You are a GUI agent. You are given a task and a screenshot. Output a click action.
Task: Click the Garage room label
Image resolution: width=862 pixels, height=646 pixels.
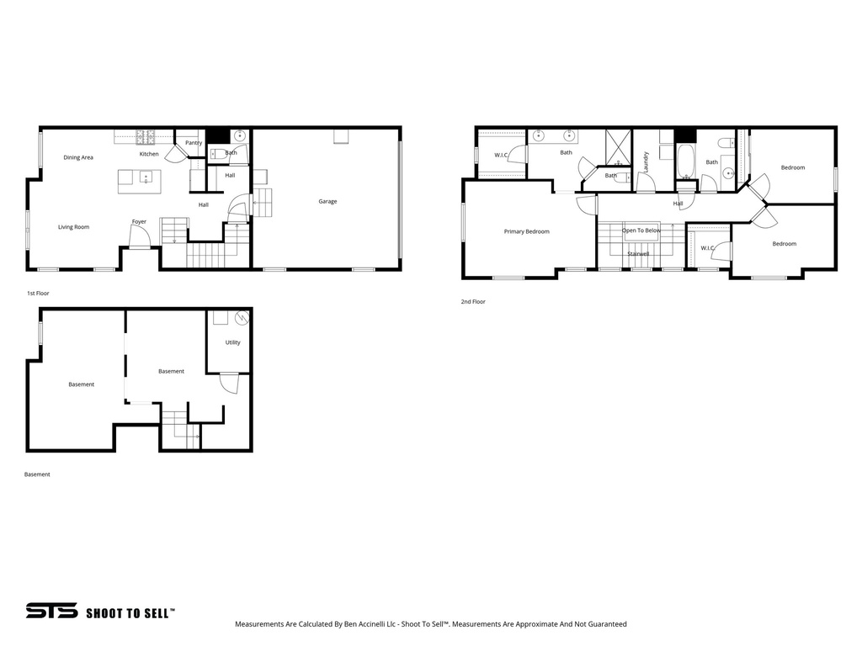[x=327, y=202]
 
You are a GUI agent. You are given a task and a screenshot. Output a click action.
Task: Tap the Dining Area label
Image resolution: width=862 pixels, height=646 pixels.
[x=78, y=157]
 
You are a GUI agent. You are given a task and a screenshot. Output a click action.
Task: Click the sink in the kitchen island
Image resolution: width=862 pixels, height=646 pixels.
[x=145, y=178]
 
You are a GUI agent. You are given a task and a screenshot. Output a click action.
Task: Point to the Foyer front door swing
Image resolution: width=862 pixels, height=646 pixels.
[x=139, y=237]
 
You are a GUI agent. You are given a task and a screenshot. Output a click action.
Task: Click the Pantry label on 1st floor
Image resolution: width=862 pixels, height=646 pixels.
[x=194, y=143]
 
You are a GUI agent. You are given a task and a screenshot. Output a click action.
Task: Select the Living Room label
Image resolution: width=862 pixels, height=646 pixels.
[x=73, y=227]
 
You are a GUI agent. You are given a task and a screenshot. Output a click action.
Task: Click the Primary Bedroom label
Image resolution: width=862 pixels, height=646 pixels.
[x=526, y=231]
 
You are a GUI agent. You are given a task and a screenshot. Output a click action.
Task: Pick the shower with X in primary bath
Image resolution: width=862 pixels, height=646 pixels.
[x=619, y=146]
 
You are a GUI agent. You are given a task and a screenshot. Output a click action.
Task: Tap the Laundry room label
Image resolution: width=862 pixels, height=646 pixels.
[x=646, y=161]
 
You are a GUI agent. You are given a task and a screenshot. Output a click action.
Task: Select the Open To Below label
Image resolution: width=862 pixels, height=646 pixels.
[x=641, y=230]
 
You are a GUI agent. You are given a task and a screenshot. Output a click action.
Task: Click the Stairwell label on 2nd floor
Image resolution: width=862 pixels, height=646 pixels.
[x=637, y=253]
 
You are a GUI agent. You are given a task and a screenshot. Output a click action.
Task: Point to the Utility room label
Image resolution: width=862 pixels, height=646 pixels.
[x=232, y=342]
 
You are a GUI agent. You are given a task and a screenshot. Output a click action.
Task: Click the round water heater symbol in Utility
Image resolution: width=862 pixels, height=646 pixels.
[x=242, y=318]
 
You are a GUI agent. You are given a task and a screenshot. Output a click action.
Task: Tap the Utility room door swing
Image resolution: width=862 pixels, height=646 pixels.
[x=228, y=383]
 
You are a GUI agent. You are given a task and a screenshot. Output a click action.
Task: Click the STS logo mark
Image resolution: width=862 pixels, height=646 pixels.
[x=51, y=612]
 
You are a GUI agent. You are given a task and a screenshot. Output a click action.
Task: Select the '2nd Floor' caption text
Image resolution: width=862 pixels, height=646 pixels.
[x=473, y=301]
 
